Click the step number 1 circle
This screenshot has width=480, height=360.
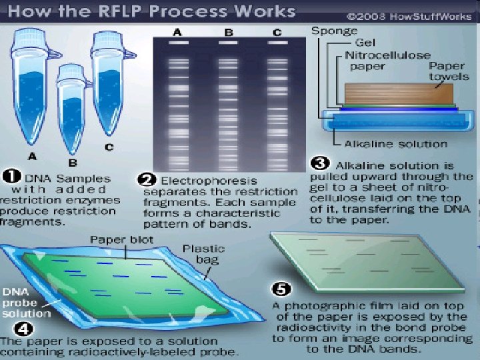click(x=10, y=177)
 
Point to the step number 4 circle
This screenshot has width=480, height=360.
click(x=10, y=328)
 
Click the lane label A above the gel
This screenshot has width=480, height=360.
click(x=177, y=31)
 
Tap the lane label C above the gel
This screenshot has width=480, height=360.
click(x=277, y=31)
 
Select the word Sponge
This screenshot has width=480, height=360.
click(x=334, y=31)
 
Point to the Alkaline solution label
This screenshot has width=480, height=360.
click(x=396, y=143)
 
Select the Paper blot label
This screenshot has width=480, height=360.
click(x=124, y=241)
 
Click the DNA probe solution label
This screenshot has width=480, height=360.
click(x=25, y=303)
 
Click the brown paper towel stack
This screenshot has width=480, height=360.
click(x=399, y=93)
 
